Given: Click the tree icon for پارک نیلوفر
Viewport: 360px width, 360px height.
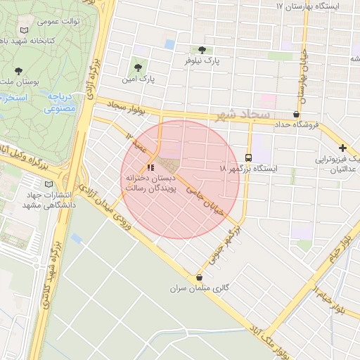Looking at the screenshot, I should point(203,50).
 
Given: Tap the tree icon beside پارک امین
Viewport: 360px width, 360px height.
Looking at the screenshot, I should point(138,68).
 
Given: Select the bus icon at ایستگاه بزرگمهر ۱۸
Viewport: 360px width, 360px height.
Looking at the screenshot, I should point(248,157).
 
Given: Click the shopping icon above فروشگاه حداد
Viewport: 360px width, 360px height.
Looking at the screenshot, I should point(296,114).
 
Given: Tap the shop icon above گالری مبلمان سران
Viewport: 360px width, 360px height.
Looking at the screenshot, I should point(200,277).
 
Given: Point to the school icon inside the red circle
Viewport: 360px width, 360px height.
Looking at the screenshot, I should point(150,167).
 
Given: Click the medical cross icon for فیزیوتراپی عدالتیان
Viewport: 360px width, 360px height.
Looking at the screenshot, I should point(342,148).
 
